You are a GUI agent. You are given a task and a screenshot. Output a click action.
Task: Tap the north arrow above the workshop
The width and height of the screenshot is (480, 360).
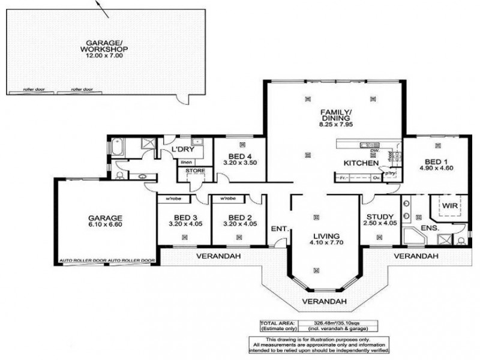click(102, 8)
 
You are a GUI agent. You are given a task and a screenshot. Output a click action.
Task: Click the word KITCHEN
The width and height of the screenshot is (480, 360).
click(361, 163)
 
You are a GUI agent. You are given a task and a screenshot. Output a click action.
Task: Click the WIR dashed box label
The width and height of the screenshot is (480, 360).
click(450, 206)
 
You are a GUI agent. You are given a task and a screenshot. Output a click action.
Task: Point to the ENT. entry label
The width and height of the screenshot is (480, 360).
click(280, 229)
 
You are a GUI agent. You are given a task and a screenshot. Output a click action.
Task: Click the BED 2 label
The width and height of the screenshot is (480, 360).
click(239, 221)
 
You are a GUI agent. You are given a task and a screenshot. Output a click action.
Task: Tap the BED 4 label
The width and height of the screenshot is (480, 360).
click(239, 157)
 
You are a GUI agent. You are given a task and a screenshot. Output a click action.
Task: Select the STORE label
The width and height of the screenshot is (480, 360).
click(195, 171)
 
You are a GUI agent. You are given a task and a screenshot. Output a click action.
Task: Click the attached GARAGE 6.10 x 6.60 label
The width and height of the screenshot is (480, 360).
click(106, 222)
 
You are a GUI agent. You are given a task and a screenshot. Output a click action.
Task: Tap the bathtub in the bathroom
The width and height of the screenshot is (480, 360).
click(117, 146)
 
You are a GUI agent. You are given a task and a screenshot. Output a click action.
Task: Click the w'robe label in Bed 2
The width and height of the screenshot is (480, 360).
click(227, 198)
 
